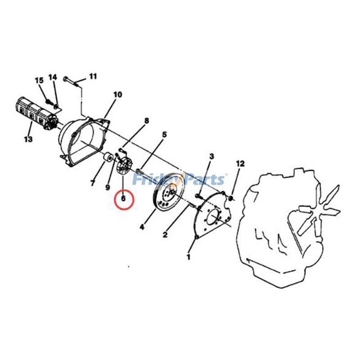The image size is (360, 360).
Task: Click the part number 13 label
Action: click(x=28, y=139)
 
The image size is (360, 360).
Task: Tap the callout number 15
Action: click(x=39, y=81)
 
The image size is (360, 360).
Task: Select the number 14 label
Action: click(x=53, y=77)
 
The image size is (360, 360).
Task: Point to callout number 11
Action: click(x=93, y=76)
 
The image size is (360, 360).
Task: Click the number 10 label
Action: click(x=117, y=94)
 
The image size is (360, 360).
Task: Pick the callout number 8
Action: click(x=147, y=121)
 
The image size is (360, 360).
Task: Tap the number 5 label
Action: click(x=164, y=135)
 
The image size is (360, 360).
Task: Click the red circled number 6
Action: click(x=123, y=198)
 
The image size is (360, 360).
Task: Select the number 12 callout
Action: click(x=240, y=164)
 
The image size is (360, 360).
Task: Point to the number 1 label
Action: click(x=189, y=256)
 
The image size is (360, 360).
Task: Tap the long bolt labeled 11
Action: click(x=72, y=82)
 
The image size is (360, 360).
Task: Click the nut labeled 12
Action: click(x=231, y=198)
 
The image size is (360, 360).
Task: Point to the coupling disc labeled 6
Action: click(x=123, y=166)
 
